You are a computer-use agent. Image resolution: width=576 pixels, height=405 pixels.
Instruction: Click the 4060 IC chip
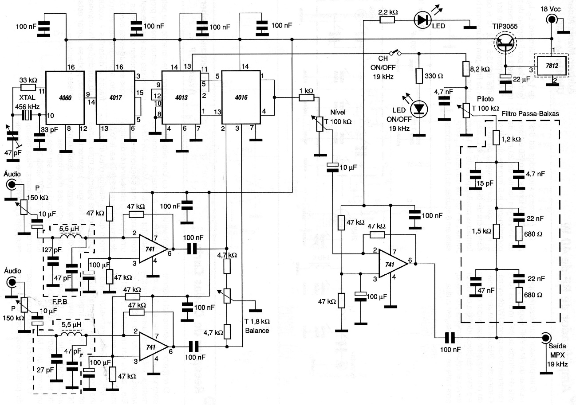tap(65, 98)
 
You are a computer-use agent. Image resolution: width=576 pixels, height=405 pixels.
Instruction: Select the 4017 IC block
tap(114, 98)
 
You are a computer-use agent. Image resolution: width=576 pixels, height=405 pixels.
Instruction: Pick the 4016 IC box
tap(241, 98)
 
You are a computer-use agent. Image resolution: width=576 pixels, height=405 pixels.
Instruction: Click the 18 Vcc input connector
tap(552, 20)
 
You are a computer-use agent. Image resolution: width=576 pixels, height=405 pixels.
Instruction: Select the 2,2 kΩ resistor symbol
tap(387, 20)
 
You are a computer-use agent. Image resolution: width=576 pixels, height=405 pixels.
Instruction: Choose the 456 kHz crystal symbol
tap(28, 115)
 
